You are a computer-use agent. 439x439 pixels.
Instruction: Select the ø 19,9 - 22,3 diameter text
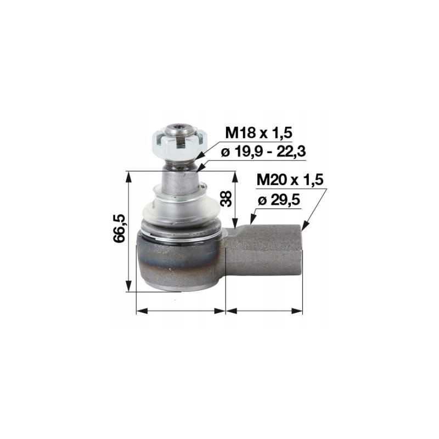coord(263,152)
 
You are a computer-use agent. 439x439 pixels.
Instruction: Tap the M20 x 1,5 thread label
coord(290,179)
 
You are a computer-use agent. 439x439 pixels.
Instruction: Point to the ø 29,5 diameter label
coord(279,200)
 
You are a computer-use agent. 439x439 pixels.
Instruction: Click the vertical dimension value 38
coord(226,199)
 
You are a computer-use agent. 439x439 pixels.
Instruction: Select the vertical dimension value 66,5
coord(119,228)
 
